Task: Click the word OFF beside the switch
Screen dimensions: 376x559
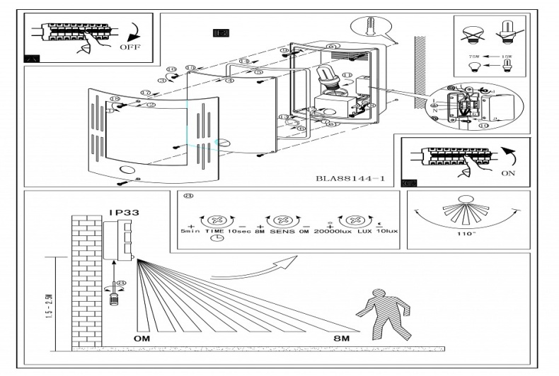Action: [x=129, y=48]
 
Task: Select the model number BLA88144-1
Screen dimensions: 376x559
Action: [x=350, y=179]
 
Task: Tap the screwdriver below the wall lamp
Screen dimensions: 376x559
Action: [x=113, y=293]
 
